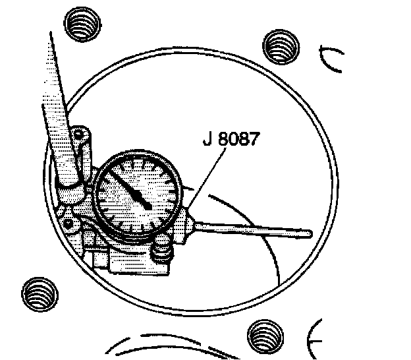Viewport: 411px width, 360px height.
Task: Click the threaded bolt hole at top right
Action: click(279, 45)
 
